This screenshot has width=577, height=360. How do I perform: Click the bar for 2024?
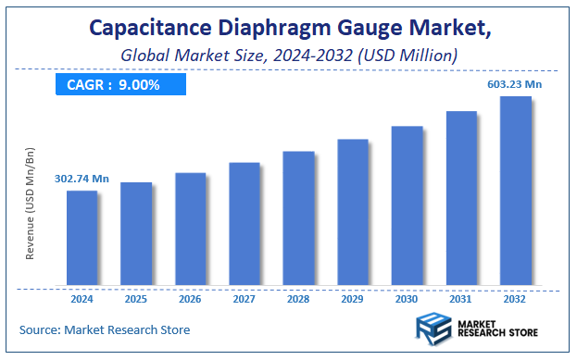(82, 238)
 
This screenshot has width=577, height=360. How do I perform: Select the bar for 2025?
(136, 233)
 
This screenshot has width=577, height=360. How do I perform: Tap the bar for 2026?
(190, 229)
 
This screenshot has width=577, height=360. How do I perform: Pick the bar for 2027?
(245, 223)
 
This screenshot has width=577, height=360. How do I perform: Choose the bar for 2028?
(298, 217)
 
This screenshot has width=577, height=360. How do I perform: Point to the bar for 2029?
(353, 212)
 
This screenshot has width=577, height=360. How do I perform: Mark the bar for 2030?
(407, 205)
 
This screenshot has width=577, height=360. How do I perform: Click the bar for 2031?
(461, 198)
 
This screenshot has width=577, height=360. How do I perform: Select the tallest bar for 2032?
(515, 191)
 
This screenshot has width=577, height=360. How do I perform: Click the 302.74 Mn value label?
(82, 179)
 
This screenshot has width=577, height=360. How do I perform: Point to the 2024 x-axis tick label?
(82, 298)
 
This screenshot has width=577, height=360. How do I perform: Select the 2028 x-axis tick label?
(298, 298)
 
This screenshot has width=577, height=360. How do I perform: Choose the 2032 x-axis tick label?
(515, 298)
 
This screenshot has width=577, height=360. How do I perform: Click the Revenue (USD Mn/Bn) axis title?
(31, 202)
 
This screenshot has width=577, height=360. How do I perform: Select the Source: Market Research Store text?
(104, 329)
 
